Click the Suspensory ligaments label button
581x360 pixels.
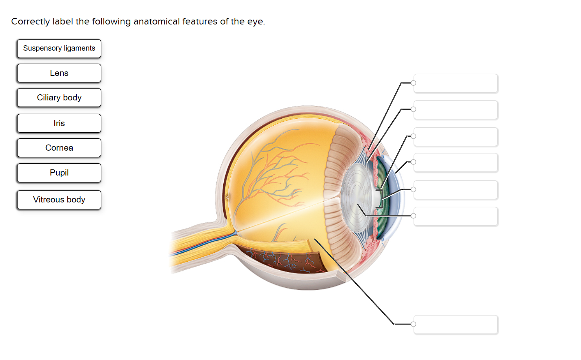(x=59, y=49)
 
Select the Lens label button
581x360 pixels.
(x=59, y=73)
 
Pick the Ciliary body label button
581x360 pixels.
(x=59, y=98)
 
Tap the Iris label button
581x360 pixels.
(x=59, y=123)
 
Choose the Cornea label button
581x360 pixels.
(x=59, y=148)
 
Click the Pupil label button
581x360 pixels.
(x=59, y=173)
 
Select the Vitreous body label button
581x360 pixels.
(x=59, y=200)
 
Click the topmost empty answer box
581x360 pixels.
(x=456, y=83)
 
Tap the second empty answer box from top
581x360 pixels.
(x=456, y=110)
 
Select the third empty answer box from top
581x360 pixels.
(x=456, y=137)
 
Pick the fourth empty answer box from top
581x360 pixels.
(x=456, y=162)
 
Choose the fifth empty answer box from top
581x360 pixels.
(x=456, y=190)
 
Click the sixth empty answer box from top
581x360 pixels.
(x=456, y=216)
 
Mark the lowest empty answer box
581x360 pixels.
(x=456, y=324)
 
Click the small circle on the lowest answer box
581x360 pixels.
(x=414, y=324)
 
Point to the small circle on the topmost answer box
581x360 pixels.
(x=414, y=83)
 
